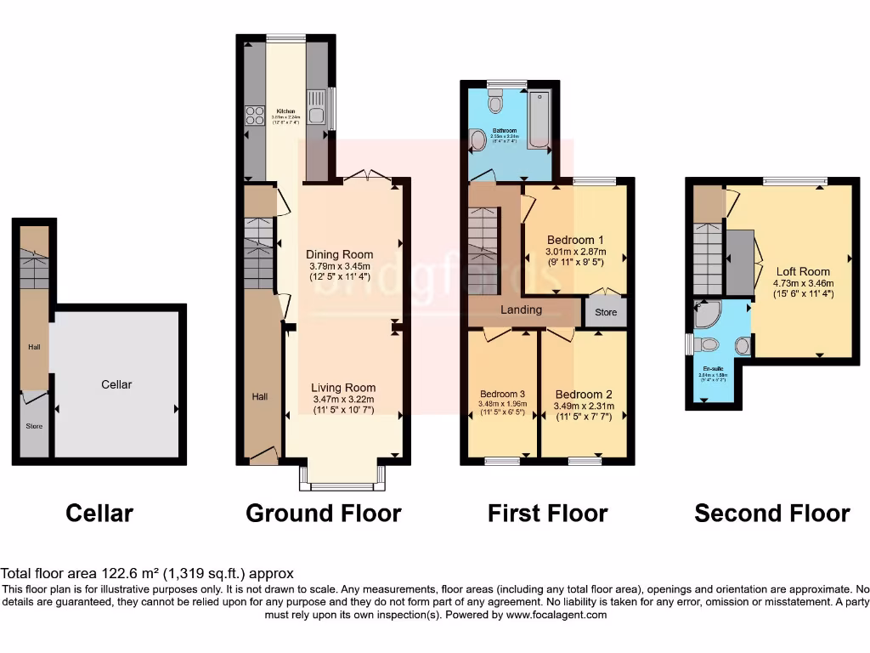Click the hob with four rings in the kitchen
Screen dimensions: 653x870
254,115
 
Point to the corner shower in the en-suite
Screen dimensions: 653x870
707,315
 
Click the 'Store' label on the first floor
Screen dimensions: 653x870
606,312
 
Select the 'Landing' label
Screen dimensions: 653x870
521,309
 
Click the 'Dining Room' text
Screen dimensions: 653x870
340,254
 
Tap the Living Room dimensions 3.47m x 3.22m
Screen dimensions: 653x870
342,399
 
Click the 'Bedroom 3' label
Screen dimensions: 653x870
502,395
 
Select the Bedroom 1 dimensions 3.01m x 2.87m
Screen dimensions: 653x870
575,252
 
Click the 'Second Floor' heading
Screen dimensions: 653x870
771,514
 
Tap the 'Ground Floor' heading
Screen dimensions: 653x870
323,514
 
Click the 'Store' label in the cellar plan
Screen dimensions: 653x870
34,426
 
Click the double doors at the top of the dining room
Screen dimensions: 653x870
368,176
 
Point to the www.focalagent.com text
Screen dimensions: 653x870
558,615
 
